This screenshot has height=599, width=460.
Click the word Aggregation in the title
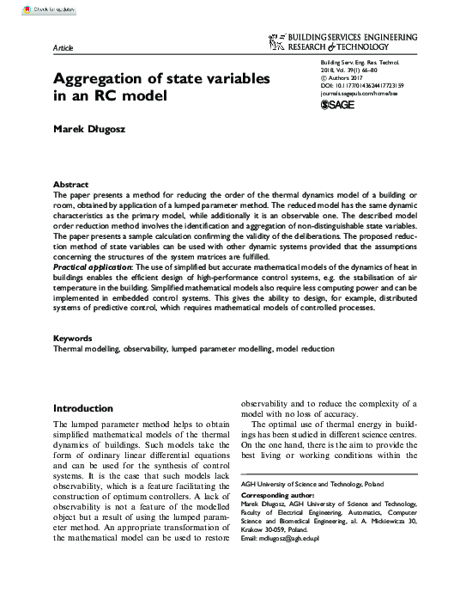coord(112,79)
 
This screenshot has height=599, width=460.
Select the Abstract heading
coord(70,185)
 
